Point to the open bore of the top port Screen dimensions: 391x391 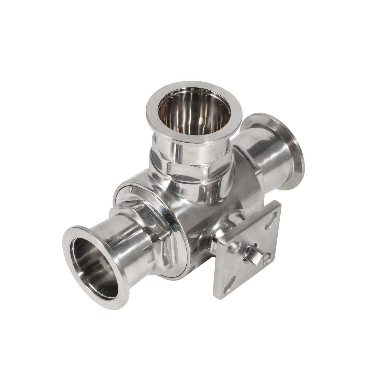(x=194, y=115)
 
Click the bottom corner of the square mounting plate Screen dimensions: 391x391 (x=218, y=296)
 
